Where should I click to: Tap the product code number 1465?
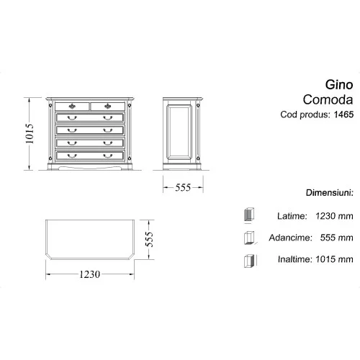pyautogui.click(x=344, y=114)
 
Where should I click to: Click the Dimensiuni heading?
pyautogui.click(x=328, y=194)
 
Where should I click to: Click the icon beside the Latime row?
pyautogui.click(x=248, y=215)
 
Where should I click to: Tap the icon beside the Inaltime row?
pyautogui.click(x=248, y=260)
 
